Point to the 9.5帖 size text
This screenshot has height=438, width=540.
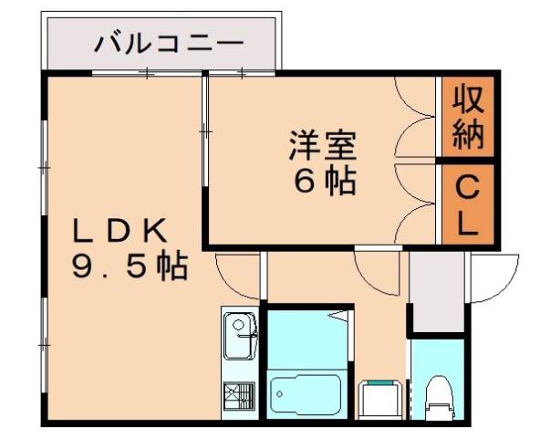pos(130,267)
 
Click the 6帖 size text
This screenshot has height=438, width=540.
pos(324,182)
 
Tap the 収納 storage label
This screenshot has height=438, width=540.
pos(467,117)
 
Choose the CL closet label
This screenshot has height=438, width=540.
pos(467,206)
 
